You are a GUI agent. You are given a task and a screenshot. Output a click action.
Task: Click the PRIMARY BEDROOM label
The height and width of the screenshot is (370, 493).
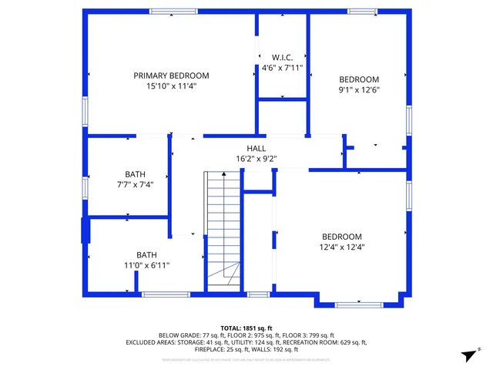point(171,76)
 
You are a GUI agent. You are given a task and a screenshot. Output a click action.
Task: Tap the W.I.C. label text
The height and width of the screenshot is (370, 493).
point(283,57)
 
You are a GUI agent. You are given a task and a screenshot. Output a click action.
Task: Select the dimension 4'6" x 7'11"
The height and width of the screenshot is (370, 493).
point(283,68)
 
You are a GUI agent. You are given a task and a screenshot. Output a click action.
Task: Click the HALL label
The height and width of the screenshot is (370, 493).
point(257,148)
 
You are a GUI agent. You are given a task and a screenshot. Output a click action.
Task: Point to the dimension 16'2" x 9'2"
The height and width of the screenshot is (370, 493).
point(257,159)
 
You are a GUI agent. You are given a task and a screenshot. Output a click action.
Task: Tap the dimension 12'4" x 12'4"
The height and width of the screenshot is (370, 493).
point(342,247)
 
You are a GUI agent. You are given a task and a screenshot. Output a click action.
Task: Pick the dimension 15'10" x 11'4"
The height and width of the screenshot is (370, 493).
point(171,86)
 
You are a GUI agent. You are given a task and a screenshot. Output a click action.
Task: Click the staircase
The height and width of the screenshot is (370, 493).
point(223,231)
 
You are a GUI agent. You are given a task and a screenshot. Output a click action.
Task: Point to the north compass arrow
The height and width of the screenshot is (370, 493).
point(466,355)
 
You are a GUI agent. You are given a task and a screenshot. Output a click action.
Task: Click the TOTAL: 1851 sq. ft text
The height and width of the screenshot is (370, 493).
point(246,328)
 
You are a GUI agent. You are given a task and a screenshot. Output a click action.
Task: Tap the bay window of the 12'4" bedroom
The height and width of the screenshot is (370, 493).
point(358,304)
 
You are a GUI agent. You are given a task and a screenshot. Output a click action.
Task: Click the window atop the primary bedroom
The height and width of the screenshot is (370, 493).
point(173,12)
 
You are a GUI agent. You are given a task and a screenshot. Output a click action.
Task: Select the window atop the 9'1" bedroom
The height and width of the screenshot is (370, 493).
point(362,12)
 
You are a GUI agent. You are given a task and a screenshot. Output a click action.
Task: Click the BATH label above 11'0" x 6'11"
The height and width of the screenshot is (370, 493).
point(146,254)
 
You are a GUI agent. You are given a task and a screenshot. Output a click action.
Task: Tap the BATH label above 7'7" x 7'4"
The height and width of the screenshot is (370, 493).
point(135,174)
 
